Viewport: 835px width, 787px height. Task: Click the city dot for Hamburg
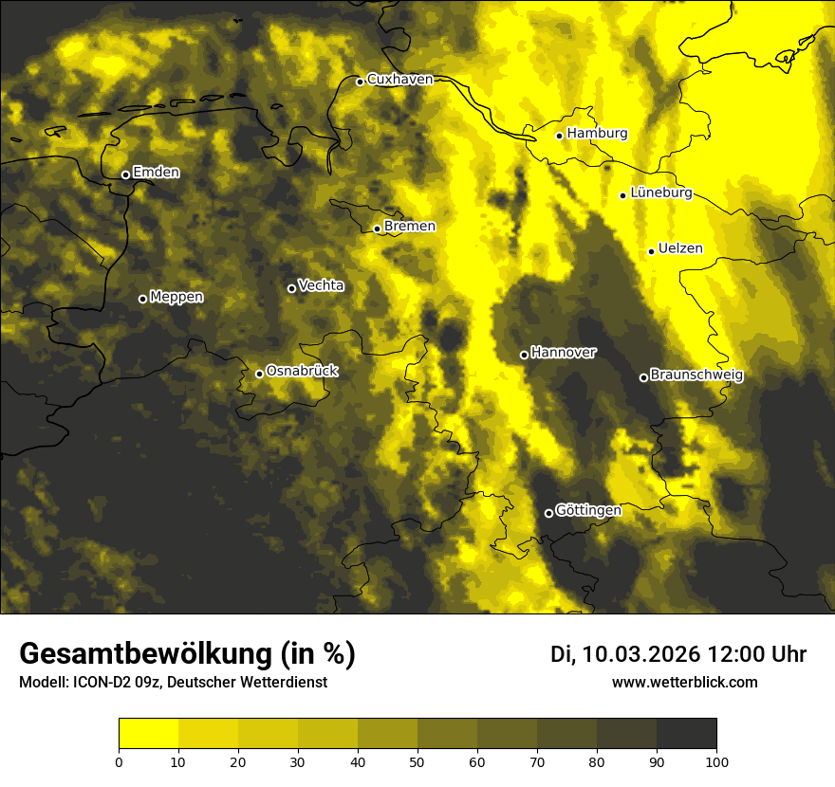(x=560, y=136)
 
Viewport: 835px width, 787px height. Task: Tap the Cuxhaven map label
(x=399, y=80)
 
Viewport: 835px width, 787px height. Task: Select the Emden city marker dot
(x=125, y=174)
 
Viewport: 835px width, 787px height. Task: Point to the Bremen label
(x=410, y=227)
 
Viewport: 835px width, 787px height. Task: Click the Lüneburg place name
(x=660, y=192)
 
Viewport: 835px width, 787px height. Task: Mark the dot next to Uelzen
(x=652, y=251)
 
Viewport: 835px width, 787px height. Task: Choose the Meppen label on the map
(x=176, y=297)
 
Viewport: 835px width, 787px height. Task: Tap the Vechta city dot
(x=291, y=288)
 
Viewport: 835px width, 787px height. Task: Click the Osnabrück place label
(x=302, y=371)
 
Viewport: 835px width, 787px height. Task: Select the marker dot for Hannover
(x=524, y=355)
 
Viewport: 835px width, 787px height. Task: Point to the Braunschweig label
(x=696, y=375)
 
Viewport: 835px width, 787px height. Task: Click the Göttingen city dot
(x=548, y=513)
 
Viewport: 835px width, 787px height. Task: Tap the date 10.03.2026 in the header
(x=641, y=654)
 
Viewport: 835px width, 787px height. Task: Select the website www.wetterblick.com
(x=684, y=682)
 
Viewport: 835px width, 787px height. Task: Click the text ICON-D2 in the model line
(x=102, y=683)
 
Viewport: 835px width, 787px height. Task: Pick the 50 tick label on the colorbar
(x=417, y=761)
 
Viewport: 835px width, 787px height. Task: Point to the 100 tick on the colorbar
(x=715, y=761)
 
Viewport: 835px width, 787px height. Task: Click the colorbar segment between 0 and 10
(x=149, y=734)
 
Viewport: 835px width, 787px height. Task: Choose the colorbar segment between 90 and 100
(x=686, y=734)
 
